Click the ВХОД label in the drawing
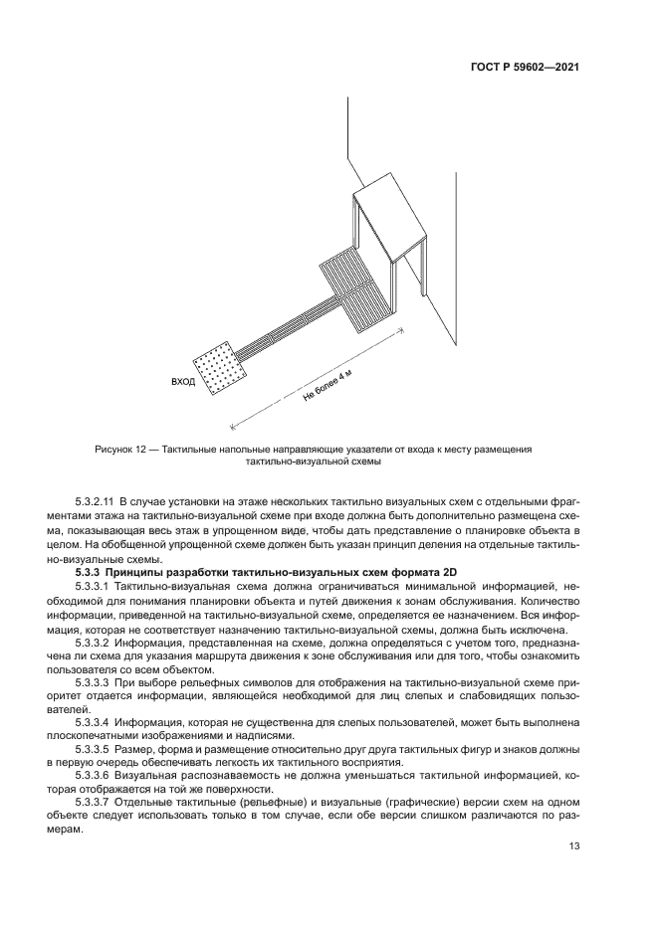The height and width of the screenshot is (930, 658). tap(183, 382)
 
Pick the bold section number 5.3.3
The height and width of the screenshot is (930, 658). tap(91, 575)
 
